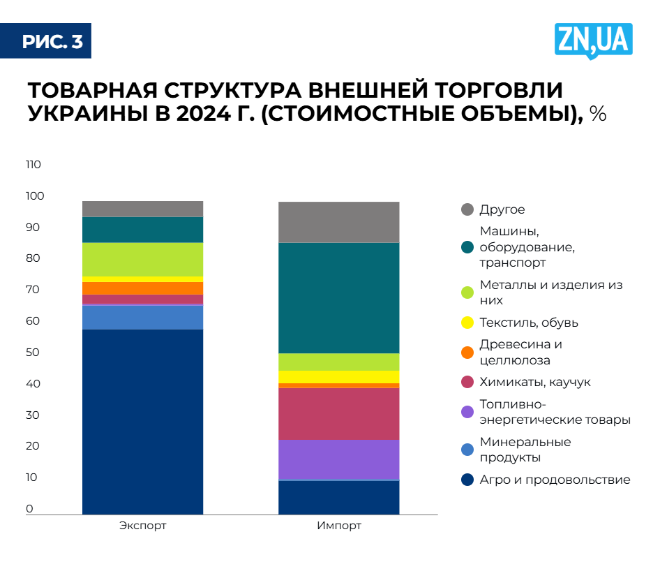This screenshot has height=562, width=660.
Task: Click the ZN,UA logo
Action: click(594, 39)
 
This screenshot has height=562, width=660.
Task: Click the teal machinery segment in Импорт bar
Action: click(338, 297)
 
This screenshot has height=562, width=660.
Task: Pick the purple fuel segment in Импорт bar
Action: click(338, 459)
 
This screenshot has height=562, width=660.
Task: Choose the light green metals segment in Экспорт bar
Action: click(142, 259)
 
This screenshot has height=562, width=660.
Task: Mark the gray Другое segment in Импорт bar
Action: click(338, 222)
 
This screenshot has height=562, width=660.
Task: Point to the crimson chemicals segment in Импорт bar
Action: click(338, 413)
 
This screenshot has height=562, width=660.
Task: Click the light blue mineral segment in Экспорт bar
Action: click(142, 317)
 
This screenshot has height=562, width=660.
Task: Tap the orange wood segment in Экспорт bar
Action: click(142, 288)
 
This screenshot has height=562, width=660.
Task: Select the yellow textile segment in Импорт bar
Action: click(338, 376)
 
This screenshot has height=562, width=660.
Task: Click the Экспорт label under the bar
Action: click(142, 526)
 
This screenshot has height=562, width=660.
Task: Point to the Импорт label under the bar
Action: click(339, 526)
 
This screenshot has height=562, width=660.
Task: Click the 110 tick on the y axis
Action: click(33, 165)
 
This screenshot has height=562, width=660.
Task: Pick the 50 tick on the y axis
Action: click(33, 353)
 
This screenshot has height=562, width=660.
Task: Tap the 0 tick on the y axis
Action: click(30, 509)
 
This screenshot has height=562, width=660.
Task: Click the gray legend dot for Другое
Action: click(467, 209)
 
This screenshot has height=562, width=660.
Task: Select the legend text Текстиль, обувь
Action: click(529, 323)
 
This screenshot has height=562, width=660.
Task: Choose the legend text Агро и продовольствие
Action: click(555, 480)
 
